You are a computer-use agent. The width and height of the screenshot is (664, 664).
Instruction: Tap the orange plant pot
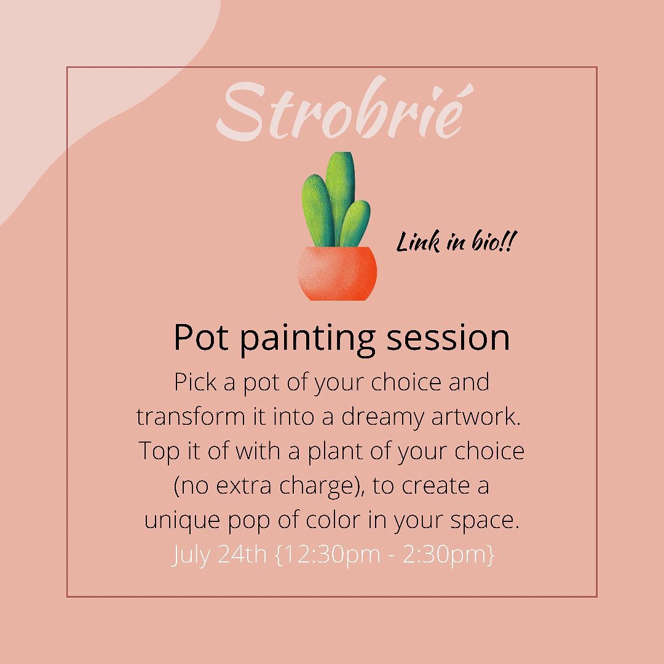click(337, 273)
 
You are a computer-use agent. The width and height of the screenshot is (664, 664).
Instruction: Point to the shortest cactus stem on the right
click(355, 224)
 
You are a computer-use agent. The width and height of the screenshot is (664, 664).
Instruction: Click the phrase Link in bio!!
click(456, 242)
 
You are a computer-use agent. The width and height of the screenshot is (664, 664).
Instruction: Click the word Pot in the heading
click(201, 338)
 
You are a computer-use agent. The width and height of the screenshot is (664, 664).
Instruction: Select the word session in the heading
click(448, 338)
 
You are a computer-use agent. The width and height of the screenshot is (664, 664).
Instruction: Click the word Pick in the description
click(196, 382)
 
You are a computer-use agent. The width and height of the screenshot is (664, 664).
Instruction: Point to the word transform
click(191, 416)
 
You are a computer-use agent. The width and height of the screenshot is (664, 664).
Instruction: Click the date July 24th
click(219, 555)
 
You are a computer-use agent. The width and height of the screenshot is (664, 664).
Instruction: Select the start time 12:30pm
click(331, 555)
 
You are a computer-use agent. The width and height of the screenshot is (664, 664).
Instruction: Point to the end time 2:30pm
click(445, 555)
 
